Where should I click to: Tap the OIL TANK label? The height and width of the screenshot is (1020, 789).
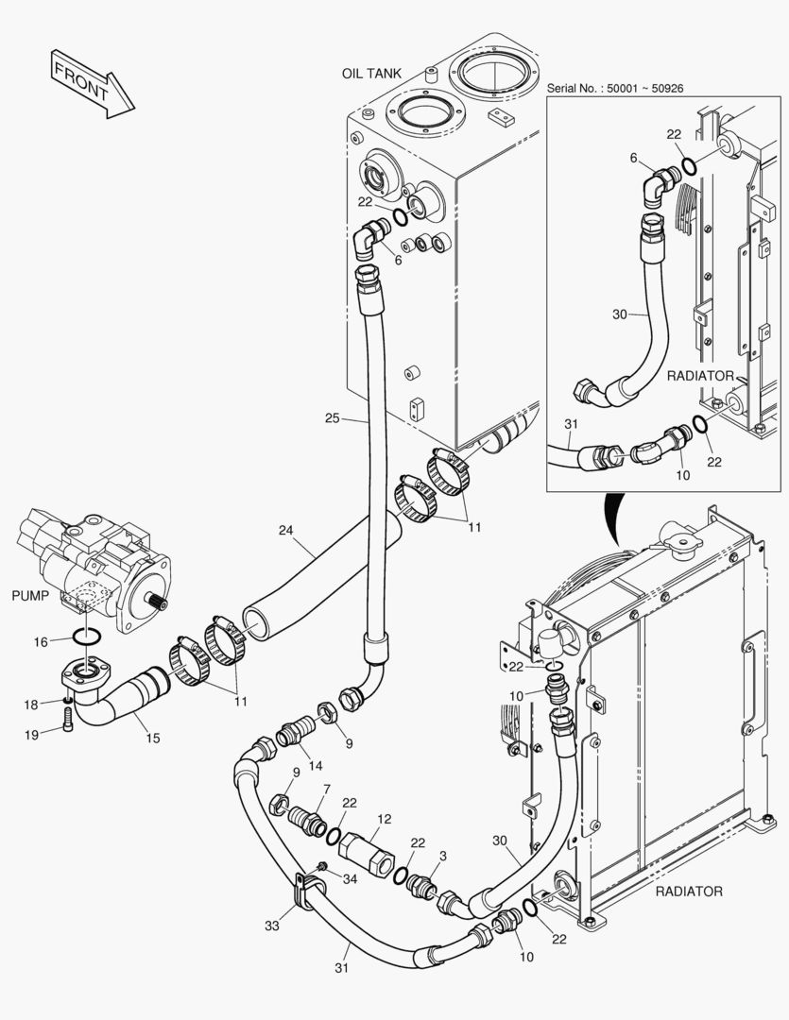pos(371,73)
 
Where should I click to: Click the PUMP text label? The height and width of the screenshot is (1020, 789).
pos(30,596)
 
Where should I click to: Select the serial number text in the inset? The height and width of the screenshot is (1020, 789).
pos(615,88)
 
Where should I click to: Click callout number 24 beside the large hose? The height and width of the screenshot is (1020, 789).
pos(287,531)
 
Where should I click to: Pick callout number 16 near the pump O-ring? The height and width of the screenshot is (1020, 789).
pos(41,642)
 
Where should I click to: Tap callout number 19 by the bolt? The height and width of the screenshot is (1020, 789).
pos(32,734)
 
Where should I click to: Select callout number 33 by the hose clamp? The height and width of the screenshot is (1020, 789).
pos(272,926)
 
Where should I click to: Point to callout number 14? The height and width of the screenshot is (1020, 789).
pos(316,764)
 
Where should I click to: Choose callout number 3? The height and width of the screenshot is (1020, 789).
pos(444,856)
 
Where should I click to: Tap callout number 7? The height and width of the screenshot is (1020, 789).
pos(326,789)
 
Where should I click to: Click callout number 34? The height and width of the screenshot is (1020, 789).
pos(351,879)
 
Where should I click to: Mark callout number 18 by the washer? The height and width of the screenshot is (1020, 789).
pos(31,705)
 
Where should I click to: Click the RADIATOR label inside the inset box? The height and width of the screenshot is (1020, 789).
pos(700,376)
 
